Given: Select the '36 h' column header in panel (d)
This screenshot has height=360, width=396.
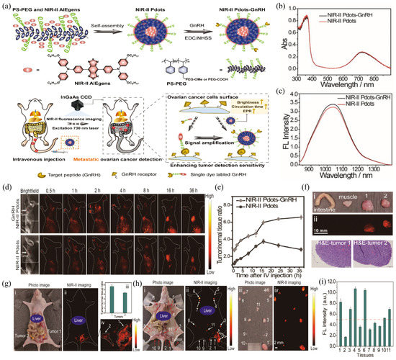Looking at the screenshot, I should coord(210,192).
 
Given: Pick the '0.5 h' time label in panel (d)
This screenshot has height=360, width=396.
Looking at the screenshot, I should coord(67,192).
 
